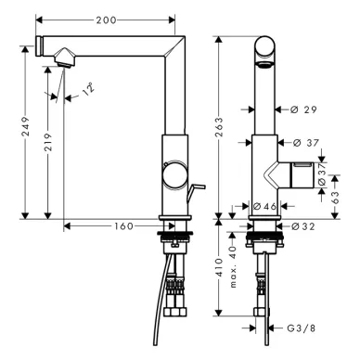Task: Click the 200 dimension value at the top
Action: pos(106,20)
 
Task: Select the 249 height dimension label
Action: pos(25,126)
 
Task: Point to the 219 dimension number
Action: pos(48,142)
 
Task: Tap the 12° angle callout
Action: pos(88,89)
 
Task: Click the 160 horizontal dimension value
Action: pos(124,226)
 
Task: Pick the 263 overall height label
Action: pos(219,126)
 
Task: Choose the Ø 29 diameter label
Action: pos(304,109)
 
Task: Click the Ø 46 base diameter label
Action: pos(264,206)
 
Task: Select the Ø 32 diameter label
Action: pos(303,226)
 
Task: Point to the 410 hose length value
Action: pos(219,267)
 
